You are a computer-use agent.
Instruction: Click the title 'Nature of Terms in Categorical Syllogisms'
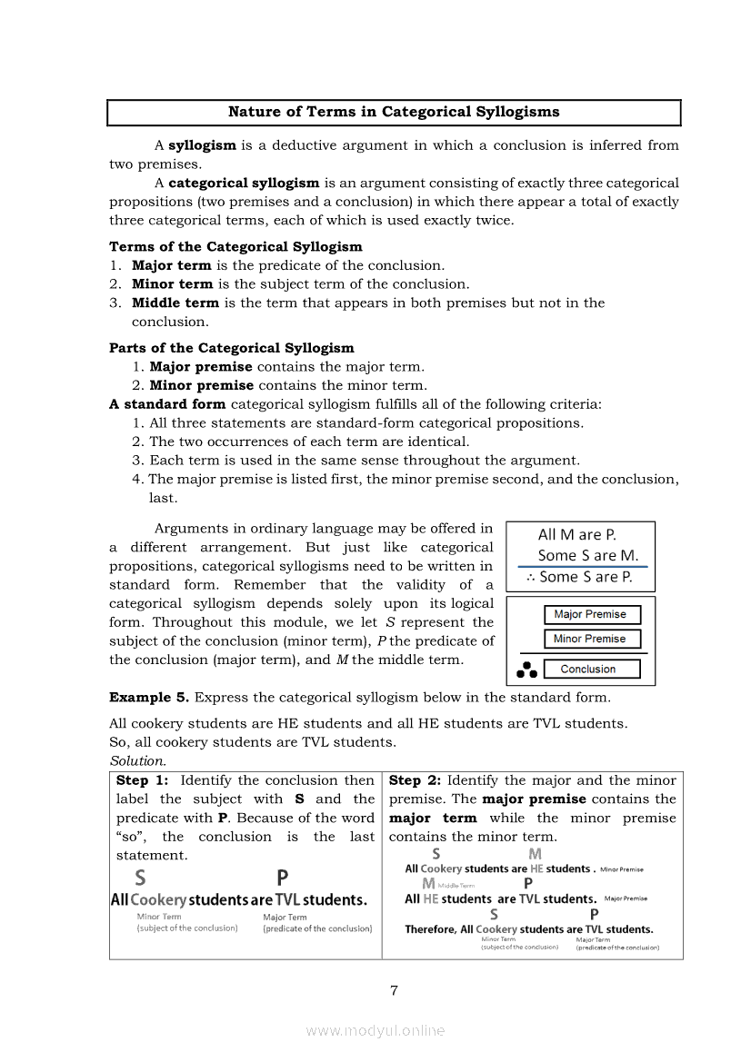point(394,113)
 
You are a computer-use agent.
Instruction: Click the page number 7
point(394,990)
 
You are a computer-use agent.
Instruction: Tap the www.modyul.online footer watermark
point(375,1030)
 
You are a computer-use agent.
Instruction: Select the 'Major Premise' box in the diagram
point(591,615)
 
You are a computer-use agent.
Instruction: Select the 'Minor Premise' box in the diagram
point(591,640)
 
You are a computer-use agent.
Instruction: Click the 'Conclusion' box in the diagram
point(591,670)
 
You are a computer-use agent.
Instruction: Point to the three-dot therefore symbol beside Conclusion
point(526,670)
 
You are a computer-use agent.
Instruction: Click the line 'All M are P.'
point(576,535)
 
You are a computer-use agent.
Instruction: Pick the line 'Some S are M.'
point(587,555)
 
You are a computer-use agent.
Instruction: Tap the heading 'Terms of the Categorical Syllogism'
point(235,247)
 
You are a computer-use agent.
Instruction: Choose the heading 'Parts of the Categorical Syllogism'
point(232,348)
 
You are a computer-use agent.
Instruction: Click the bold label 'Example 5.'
point(149,698)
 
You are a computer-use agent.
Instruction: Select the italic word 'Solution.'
point(137,761)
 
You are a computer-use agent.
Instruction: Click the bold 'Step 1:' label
point(142,780)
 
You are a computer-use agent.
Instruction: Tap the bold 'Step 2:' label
point(415,780)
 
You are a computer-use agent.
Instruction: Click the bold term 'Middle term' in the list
point(175,303)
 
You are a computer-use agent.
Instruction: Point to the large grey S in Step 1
point(140,878)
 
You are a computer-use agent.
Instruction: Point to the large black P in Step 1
point(283,878)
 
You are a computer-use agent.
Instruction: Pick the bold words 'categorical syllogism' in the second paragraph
point(244,183)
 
